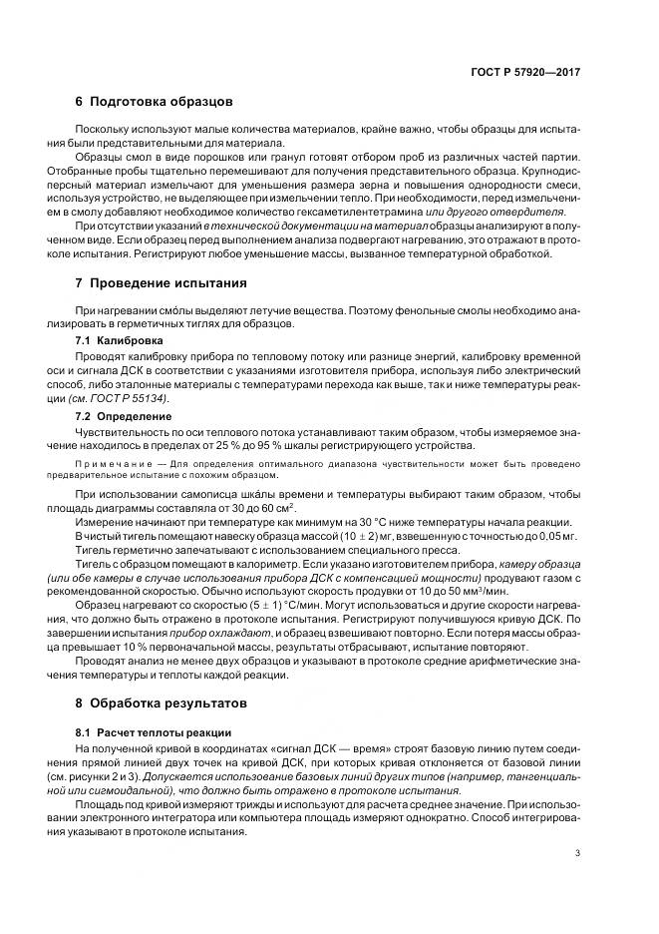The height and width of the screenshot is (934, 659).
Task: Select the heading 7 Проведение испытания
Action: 161,283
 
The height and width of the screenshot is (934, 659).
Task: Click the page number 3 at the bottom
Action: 578,852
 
